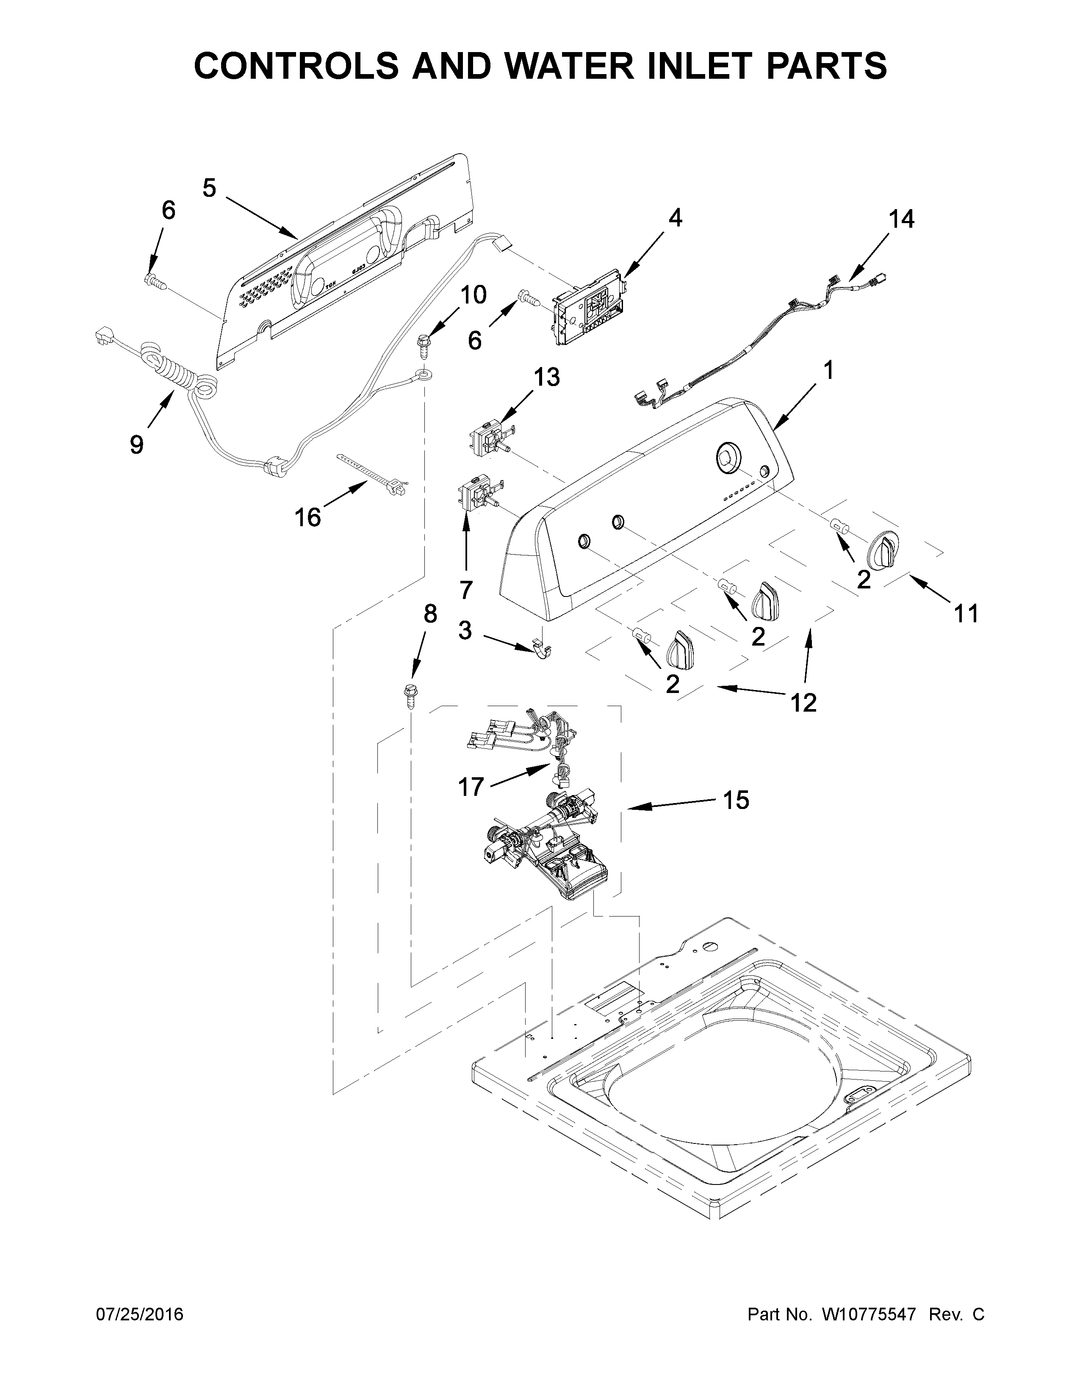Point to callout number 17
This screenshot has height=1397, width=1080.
pos(471,786)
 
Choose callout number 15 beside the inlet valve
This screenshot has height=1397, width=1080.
pos(736,800)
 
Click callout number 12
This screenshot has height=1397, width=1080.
pos(803,702)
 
